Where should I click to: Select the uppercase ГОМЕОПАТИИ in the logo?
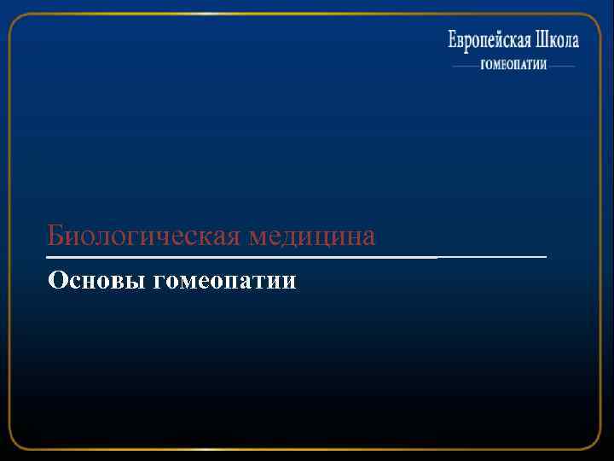coord(513,66)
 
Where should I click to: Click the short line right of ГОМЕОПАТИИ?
coord(562,66)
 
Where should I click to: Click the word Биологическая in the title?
coord(145,235)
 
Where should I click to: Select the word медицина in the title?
coord(311,235)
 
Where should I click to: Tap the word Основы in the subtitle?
coord(96,280)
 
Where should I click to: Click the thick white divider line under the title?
coord(239,257)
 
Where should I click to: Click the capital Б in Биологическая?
coord(55,234)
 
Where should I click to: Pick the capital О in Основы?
coord(58,280)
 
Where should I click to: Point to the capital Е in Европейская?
coord(454,39)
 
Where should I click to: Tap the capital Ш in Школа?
coord(543,39)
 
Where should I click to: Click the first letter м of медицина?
coord(257,236)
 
